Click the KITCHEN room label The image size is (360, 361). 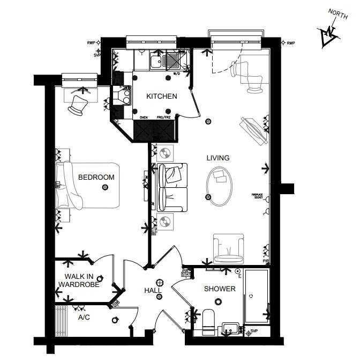pyautogui.click(x=162, y=97)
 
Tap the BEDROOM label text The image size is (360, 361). pyautogui.click(x=96, y=177)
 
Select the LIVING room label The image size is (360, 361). pyautogui.click(x=218, y=158)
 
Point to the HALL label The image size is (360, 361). pyautogui.click(x=153, y=290)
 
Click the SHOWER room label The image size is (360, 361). pyautogui.click(x=220, y=289)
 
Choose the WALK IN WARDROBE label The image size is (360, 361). pyautogui.click(x=79, y=281)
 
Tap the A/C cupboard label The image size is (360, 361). pyautogui.click(x=84, y=317)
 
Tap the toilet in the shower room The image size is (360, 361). pyautogui.click(x=209, y=320)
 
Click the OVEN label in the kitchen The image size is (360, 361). pyautogui.click(x=144, y=117)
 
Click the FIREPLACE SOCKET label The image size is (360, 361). pyautogui.click(x=259, y=196)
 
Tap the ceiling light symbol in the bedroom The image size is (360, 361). pyautogui.click(x=105, y=187)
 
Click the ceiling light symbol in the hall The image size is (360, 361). pyautogui.click(x=159, y=283)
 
